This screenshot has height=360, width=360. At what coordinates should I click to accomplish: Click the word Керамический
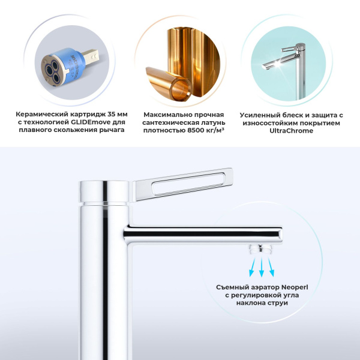point(40,113)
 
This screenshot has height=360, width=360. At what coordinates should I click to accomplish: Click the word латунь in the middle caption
point(213,122)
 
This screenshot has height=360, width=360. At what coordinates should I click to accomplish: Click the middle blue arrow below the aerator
point(262,266)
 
